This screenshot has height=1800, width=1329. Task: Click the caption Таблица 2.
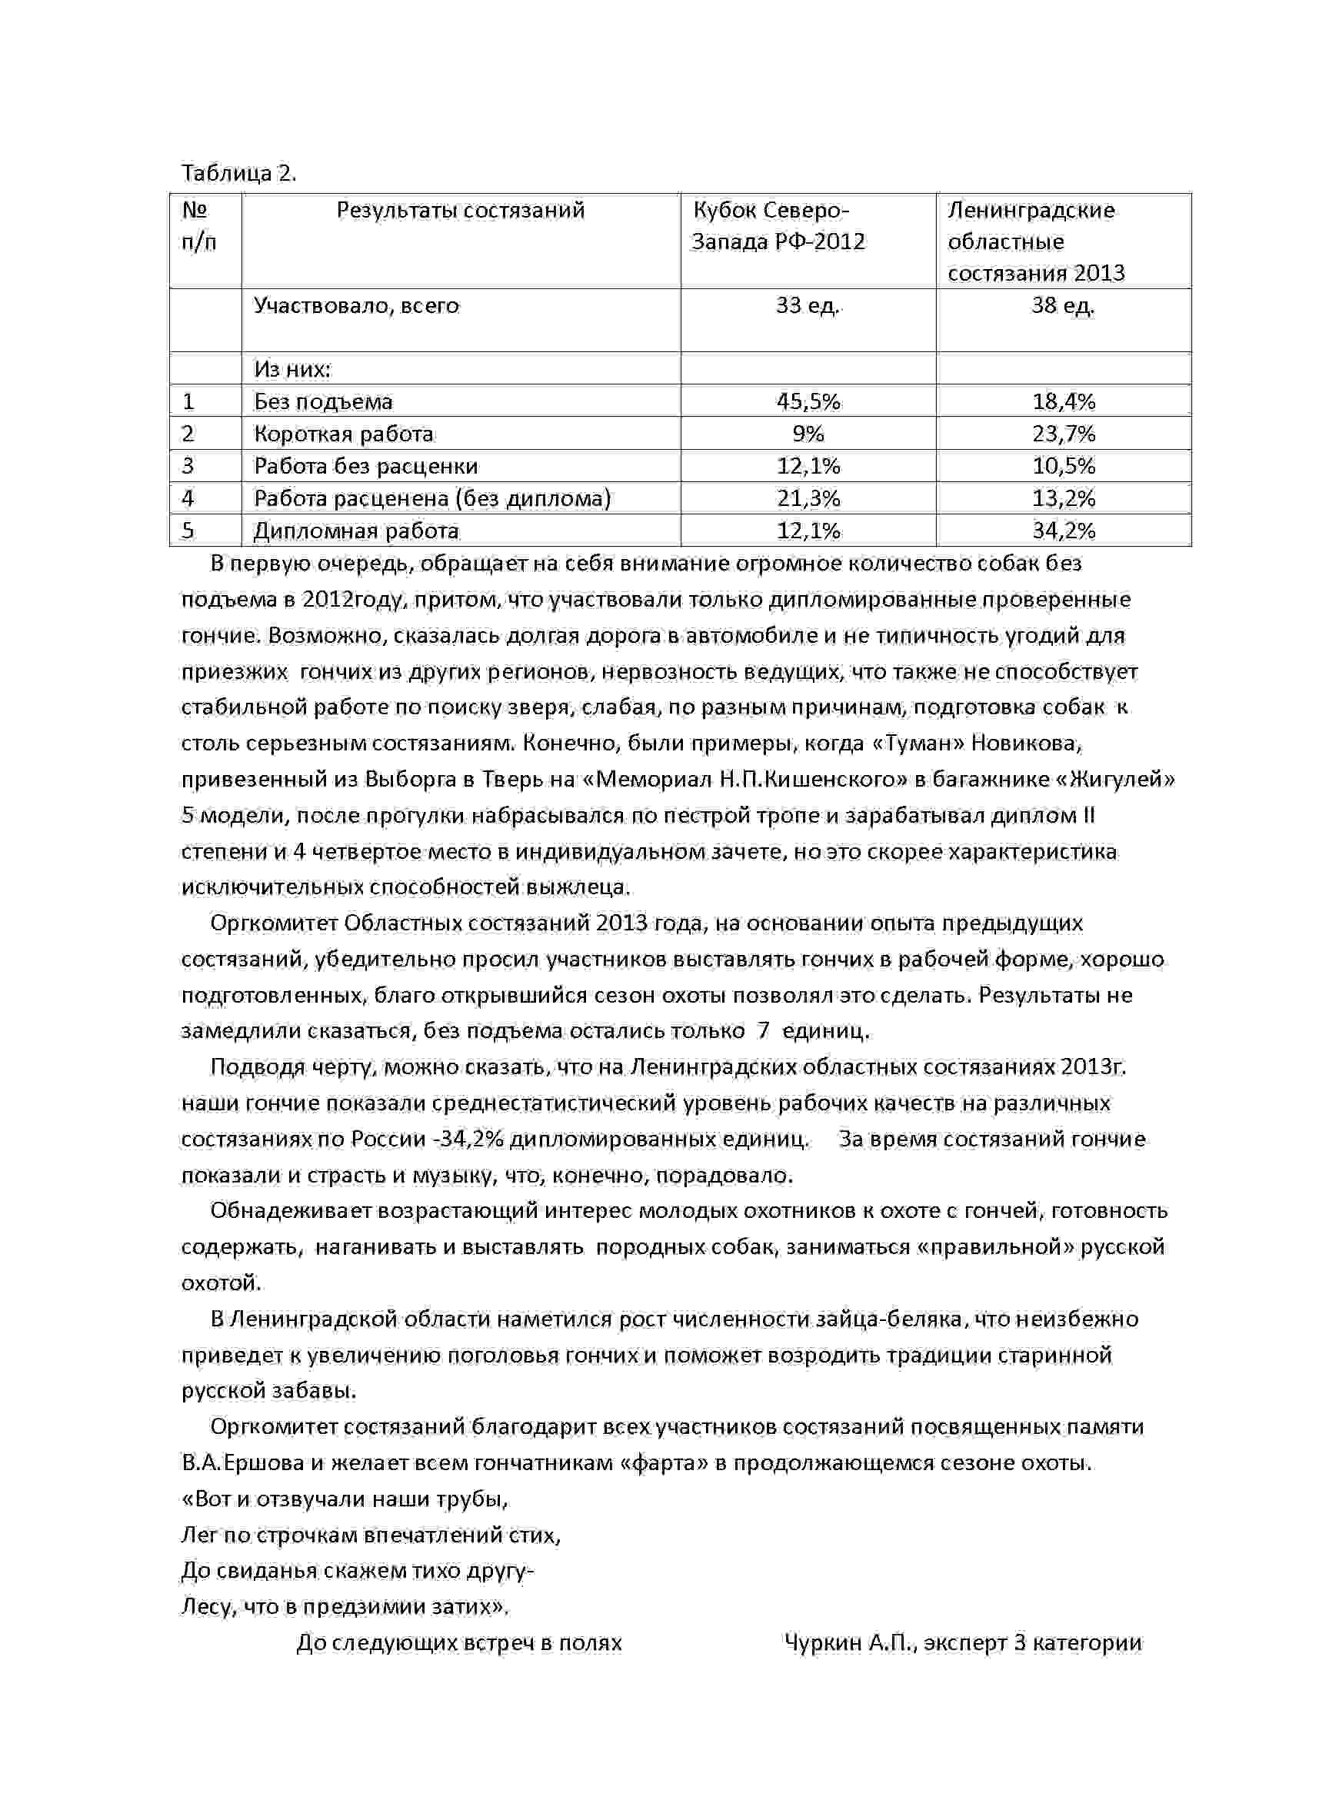[x=239, y=174]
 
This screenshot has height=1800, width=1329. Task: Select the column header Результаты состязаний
[x=460, y=211]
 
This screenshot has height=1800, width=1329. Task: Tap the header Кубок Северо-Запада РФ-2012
[x=777, y=226]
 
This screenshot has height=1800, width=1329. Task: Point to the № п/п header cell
[x=198, y=226]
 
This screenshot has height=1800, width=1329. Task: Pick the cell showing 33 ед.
[x=808, y=305]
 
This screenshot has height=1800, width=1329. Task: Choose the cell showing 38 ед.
[x=1063, y=305]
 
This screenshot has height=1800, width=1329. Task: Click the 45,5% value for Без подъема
[x=808, y=401]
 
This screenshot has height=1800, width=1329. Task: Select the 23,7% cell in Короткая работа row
[x=1064, y=434]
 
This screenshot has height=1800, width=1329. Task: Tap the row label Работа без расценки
[x=366, y=467]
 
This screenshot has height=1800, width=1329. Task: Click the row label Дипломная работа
[x=356, y=531]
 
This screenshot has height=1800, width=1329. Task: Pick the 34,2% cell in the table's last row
[x=1064, y=531]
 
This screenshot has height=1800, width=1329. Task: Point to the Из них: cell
[x=293, y=369]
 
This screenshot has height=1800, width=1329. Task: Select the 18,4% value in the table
[x=1064, y=401]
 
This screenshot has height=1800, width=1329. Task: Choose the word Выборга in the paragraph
[x=405, y=780]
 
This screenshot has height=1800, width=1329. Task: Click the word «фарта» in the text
[x=664, y=1463]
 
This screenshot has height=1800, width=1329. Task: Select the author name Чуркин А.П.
[x=851, y=1643]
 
